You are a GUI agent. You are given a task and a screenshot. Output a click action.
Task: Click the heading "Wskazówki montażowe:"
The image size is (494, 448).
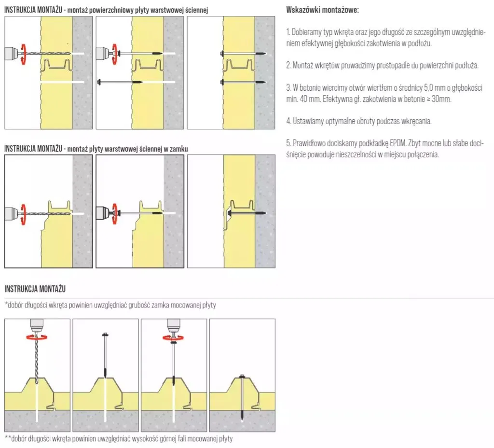(322, 10)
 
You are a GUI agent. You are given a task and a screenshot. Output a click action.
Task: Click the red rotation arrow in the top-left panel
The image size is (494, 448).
(23, 54)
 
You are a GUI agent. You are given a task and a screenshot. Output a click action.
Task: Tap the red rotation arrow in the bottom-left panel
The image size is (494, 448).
(37, 337)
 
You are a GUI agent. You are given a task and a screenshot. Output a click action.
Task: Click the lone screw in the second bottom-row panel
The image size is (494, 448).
(105, 355)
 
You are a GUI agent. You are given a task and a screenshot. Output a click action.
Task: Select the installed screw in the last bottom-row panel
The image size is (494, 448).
(242, 397)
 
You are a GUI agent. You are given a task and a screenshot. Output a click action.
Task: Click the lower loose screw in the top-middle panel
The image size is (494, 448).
(120, 82)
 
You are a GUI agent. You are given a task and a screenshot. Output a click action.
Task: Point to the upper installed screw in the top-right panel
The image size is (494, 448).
(243, 54)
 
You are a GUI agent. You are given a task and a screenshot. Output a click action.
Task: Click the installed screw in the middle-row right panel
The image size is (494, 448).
(247, 213)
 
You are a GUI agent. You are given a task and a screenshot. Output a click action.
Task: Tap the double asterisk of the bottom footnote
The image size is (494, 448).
(8, 437)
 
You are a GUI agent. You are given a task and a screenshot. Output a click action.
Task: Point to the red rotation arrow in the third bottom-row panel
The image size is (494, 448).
(174, 337)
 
